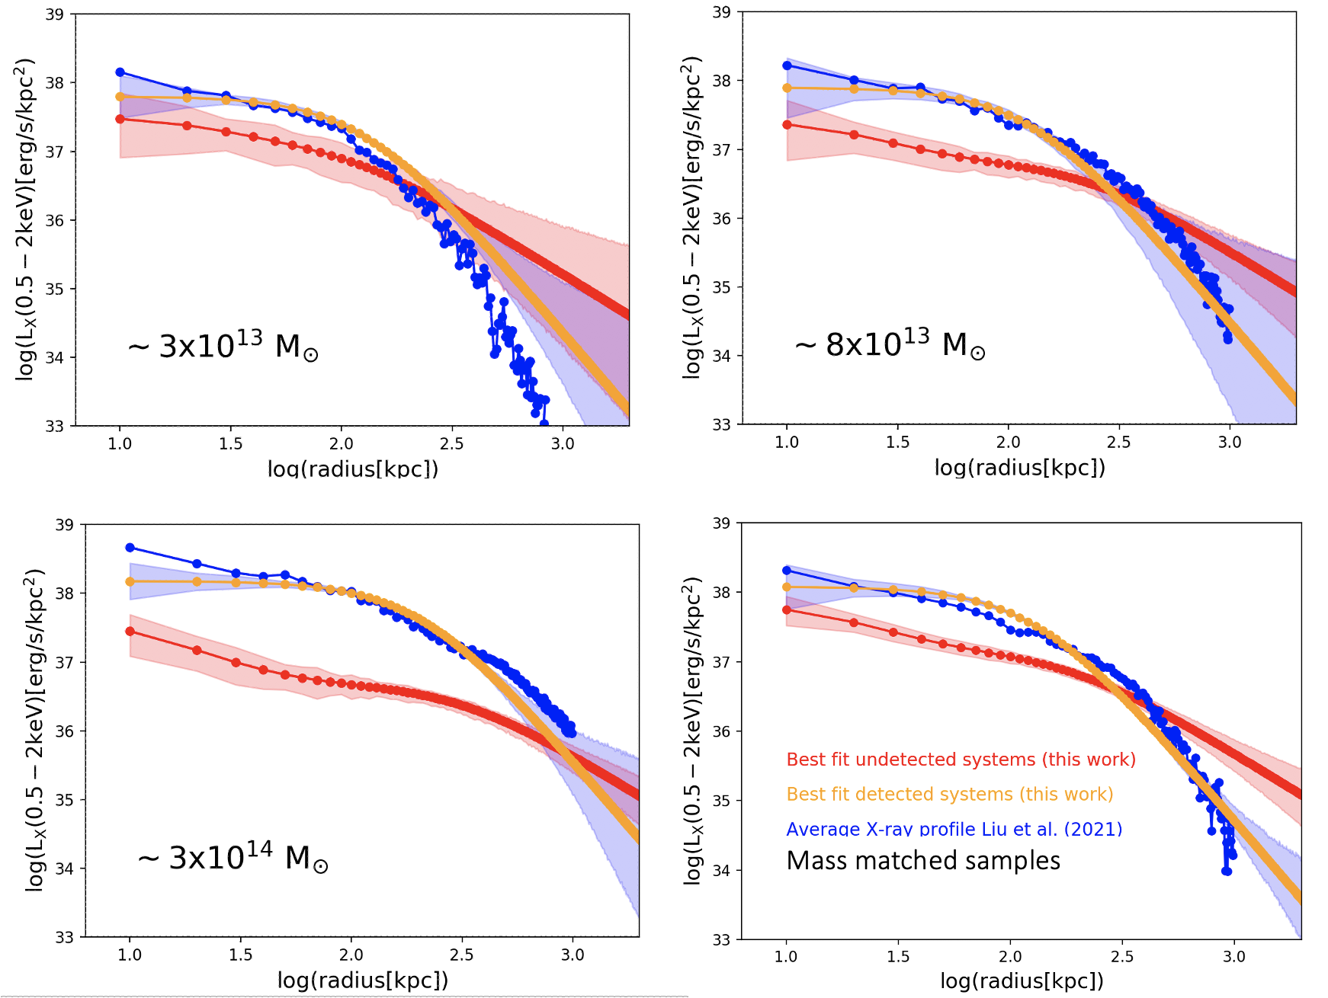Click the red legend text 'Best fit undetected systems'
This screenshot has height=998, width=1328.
pyautogui.click(x=961, y=760)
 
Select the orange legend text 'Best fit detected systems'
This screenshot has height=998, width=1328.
pyautogui.click(x=949, y=795)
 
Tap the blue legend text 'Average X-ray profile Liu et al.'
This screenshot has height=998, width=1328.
pyautogui.click(x=954, y=829)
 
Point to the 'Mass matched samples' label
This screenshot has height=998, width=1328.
pyautogui.click(x=923, y=861)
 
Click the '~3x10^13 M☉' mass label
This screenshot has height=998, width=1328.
pyautogui.click(x=223, y=347)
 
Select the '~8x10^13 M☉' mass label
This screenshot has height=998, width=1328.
pyautogui.click(x=890, y=345)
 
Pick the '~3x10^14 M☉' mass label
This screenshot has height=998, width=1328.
pyautogui.click(x=233, y=859)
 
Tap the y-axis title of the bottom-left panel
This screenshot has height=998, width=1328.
pyautogui.click(x=34, y=730)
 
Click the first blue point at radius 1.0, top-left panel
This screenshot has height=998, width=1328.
pyautogui.click(x=120, y=72)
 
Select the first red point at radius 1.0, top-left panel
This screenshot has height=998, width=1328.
pyautogui.click(x=120, y=119)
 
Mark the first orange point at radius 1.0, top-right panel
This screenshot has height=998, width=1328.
pyautogui.click(x=787, y=88)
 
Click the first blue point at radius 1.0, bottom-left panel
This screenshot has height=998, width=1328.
pyautogui.click(x=130, y=548)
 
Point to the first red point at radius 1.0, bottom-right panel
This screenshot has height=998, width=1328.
pyautogui.click(x=787, y=610)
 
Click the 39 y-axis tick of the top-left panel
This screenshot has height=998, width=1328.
pyautogui.click(x=54, y=14)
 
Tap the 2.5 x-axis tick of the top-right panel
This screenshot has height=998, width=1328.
pyautogui.click(x=1118, y=442)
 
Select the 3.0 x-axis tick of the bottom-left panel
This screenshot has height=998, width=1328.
pyautogui.click(x=573, y=955)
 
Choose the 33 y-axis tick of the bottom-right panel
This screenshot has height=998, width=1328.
pyautogui.click(x=721, y=939)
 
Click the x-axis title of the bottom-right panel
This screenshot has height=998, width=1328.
pyautogui.click(x=1022, y=980)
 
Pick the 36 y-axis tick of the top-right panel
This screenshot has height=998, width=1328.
pyautogui.click(x=721, y=219)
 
